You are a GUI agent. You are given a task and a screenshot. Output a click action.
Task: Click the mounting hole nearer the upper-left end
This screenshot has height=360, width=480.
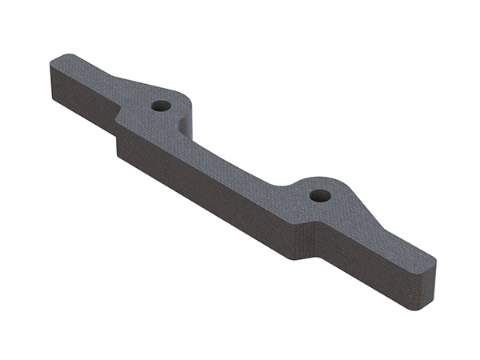coord(161,106)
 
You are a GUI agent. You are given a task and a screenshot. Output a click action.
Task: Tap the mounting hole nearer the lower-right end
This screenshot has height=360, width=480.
coord(320,194)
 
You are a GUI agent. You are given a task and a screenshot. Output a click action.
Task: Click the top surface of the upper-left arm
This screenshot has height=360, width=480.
coord(88,72)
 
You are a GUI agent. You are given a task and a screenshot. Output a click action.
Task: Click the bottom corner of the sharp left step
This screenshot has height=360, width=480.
coord(118,153)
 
